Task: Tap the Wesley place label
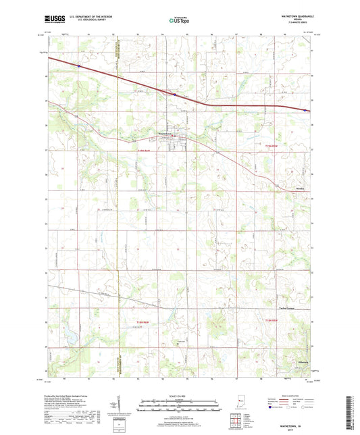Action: coord(301,188)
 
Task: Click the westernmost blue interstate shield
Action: coord(79,66)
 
